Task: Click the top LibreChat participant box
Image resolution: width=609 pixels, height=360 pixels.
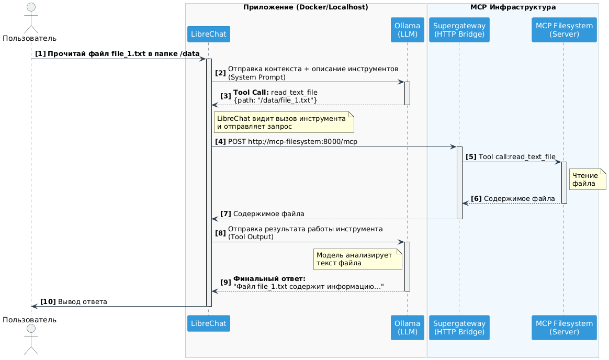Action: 208,34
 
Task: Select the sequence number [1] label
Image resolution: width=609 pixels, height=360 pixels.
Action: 40,54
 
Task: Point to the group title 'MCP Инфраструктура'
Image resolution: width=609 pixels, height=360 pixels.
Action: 513,7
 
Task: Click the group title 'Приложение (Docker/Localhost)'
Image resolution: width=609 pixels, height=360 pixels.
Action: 306,7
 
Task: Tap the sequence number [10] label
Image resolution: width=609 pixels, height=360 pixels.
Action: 48,301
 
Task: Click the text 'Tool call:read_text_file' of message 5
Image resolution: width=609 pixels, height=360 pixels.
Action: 517,157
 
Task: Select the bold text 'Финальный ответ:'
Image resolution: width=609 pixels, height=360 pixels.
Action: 269,278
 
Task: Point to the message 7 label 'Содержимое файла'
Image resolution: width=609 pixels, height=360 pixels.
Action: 268,214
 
